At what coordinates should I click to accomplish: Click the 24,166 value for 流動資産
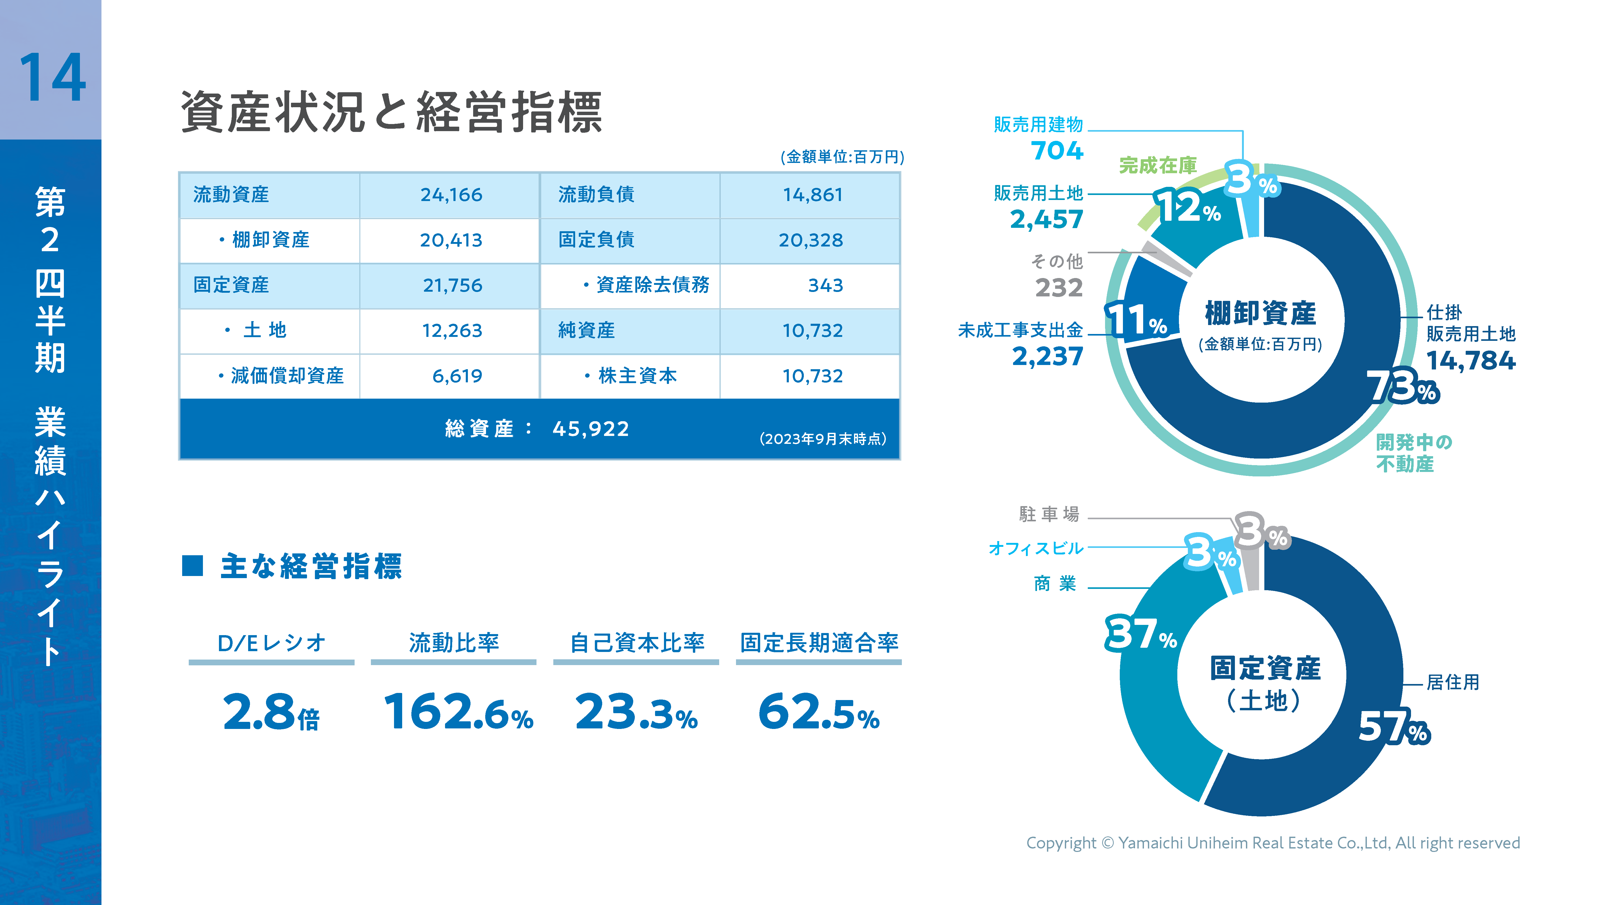click(451, 195)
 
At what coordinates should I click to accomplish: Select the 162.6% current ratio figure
click(458, 712)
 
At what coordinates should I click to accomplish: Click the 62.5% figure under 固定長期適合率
click(818, 712)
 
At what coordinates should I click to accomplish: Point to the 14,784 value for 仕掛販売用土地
click(1470, 360)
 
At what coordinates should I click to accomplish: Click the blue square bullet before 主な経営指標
click(192, 565)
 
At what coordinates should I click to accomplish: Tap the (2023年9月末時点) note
click(822, 439)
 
